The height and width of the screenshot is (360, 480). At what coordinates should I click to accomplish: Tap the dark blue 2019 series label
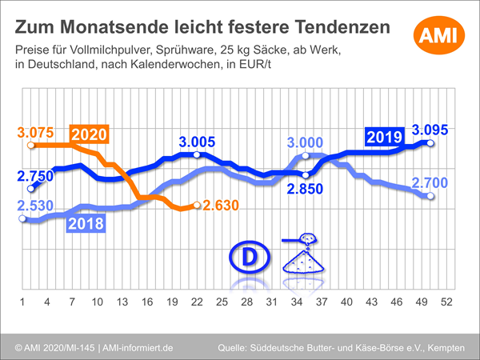(x=385, y=136)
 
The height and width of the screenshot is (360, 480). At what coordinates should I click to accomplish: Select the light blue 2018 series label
(x=84, y=223)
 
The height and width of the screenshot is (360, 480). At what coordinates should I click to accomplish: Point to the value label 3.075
(x=34, y=131)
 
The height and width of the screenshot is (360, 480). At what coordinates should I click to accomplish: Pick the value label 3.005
(x=197, y=142)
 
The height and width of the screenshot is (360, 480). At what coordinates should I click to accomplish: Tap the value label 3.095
(x=430, y=129)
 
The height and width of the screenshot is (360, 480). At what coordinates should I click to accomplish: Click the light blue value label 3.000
(x=306, y=142)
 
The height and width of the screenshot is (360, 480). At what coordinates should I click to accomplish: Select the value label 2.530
(x=34, y=206)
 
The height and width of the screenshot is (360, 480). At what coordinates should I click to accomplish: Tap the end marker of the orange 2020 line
(x=197, y=206)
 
